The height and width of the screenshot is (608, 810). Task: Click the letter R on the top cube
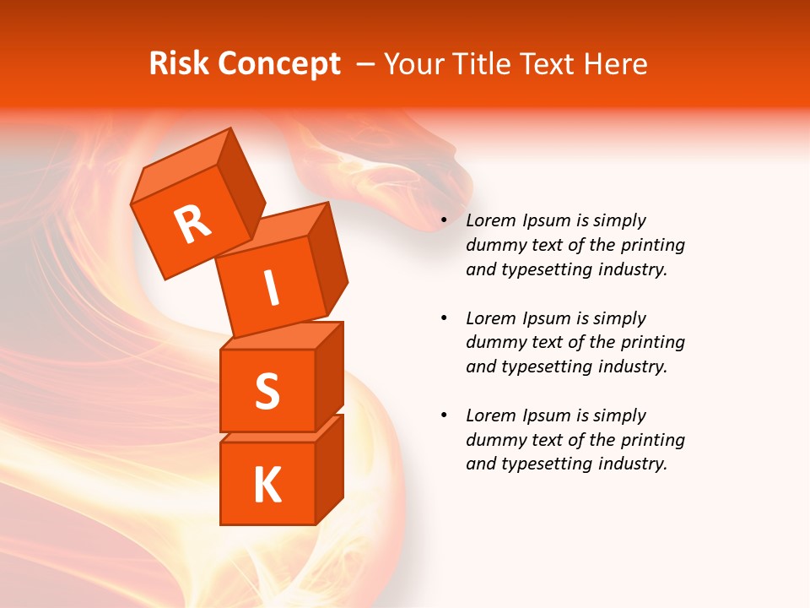[x=192, y=224]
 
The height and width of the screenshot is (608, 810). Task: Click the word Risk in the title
[x=178, y=64]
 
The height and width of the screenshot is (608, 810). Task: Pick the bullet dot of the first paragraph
[x=444, y=221]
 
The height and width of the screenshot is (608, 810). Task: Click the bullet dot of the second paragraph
[x=444, y=318]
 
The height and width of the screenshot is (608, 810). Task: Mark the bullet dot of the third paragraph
[x=444, y=415]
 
